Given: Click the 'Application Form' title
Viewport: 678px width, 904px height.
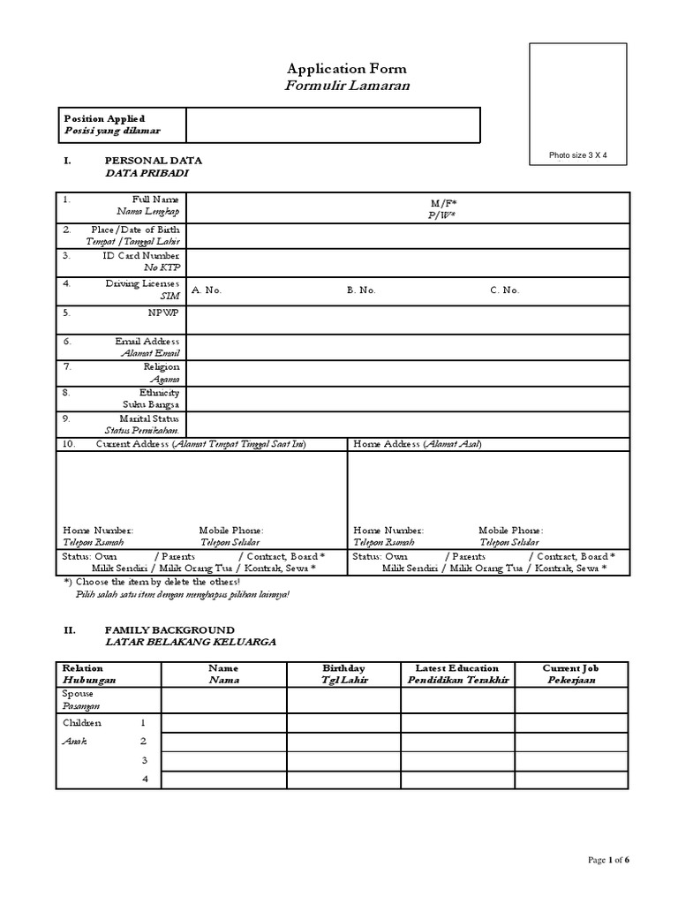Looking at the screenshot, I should point(347,69).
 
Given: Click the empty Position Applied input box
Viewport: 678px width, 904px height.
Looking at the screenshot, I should point(332,124).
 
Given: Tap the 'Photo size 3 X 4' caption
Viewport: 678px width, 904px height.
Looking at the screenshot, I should point(577,155).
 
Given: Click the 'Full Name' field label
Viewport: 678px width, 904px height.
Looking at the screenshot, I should point(155,200).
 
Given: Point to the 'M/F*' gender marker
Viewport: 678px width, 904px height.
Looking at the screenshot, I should point(443,202).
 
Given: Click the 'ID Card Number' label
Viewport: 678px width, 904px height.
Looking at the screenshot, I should point(141,255).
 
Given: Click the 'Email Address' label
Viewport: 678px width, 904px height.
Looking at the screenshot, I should point(147,341).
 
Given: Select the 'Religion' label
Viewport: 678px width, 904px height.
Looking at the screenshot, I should point(162,366).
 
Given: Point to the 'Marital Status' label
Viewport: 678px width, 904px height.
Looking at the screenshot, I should point(148,418).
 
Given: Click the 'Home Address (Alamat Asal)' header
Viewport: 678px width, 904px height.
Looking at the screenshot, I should point(418,444).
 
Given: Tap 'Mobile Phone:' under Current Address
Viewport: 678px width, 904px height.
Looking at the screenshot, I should point(231,530).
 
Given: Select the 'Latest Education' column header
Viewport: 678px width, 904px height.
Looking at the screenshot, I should point(457,668).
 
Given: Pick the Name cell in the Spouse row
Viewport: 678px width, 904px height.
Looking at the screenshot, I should point(223,700).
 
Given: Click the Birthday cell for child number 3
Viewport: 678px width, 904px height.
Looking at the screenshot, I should point(343,760).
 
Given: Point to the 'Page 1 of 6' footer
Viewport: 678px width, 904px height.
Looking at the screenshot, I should point(608,860).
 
